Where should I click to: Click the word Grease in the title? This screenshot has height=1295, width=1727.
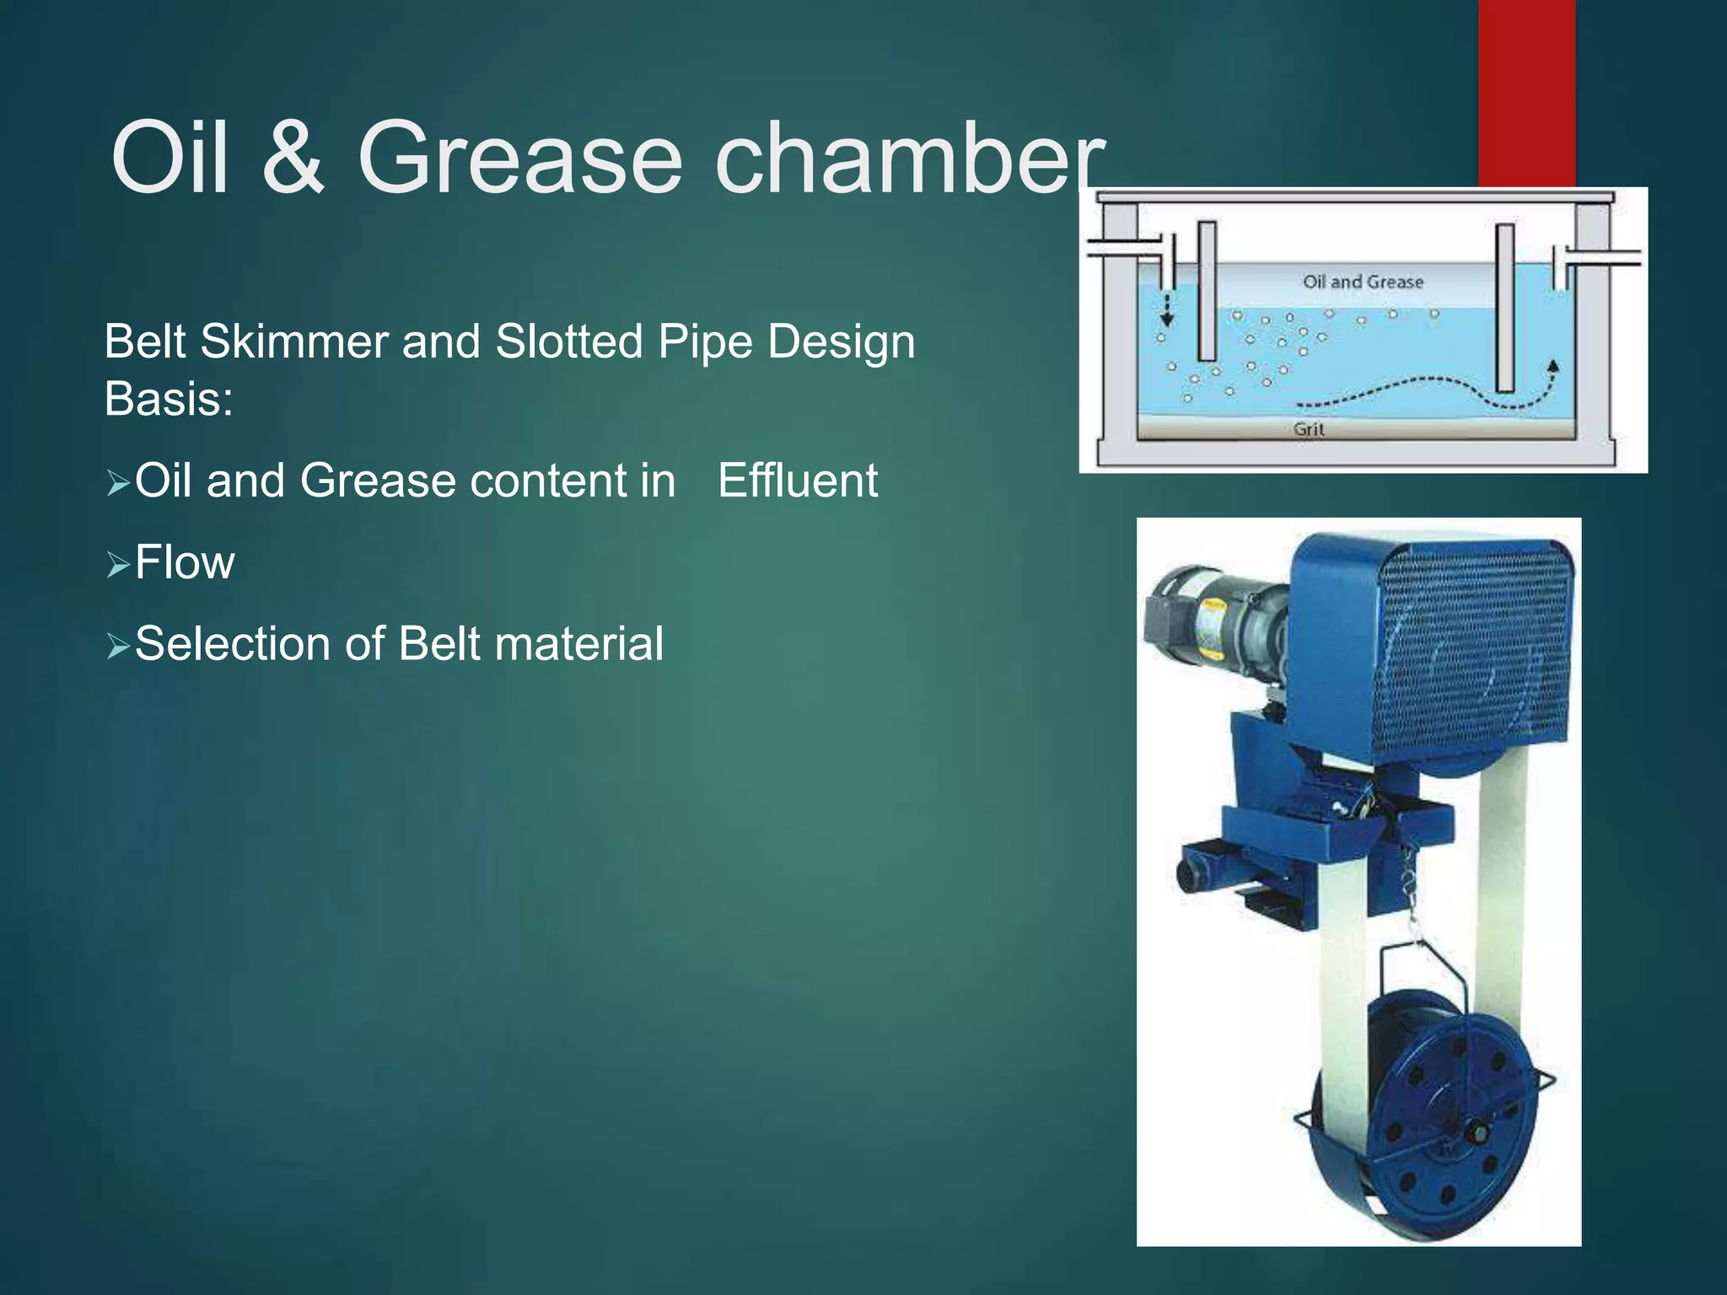[519, 159]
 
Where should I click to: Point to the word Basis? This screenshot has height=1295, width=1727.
[169, 399]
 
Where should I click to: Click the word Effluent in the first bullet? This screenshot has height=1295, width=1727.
[798, 481]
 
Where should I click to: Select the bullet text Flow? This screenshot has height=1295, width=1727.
[185, 562]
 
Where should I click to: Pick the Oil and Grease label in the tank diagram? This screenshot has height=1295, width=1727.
[1363, 282]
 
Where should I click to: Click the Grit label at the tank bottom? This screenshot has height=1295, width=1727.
[1309, 429]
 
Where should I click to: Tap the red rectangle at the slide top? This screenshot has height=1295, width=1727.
[1526, 93]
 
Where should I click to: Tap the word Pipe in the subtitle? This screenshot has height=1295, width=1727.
[707, 342]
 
